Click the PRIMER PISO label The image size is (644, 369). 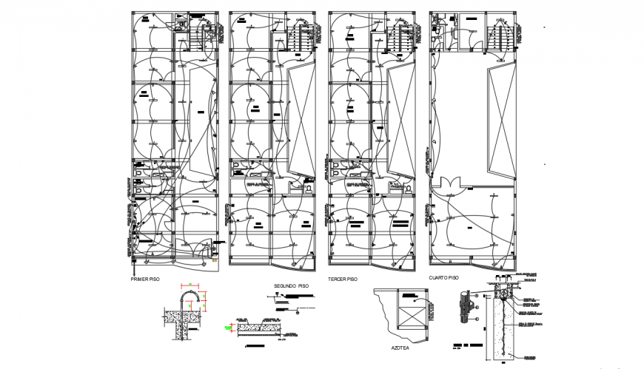coord(145,280)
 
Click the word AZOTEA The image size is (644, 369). coord(401,346)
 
